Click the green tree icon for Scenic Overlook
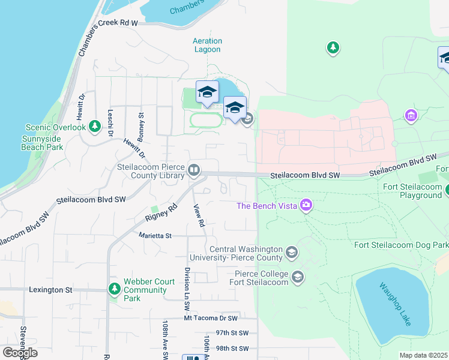[x=94, y=126]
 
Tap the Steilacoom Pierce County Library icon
[x=194, y=171]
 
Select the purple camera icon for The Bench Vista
[x=307, y=206]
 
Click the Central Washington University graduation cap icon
[x=292, y=253]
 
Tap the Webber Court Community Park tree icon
[x=115, y=289]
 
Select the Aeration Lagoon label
[x=207, y=45]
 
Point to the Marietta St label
[x=155, y=236]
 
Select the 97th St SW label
[x=224, y=332]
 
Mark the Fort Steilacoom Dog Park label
[x=401, y=245]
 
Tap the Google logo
[x=20, y=353]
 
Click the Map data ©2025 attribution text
[x=423, y=355]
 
